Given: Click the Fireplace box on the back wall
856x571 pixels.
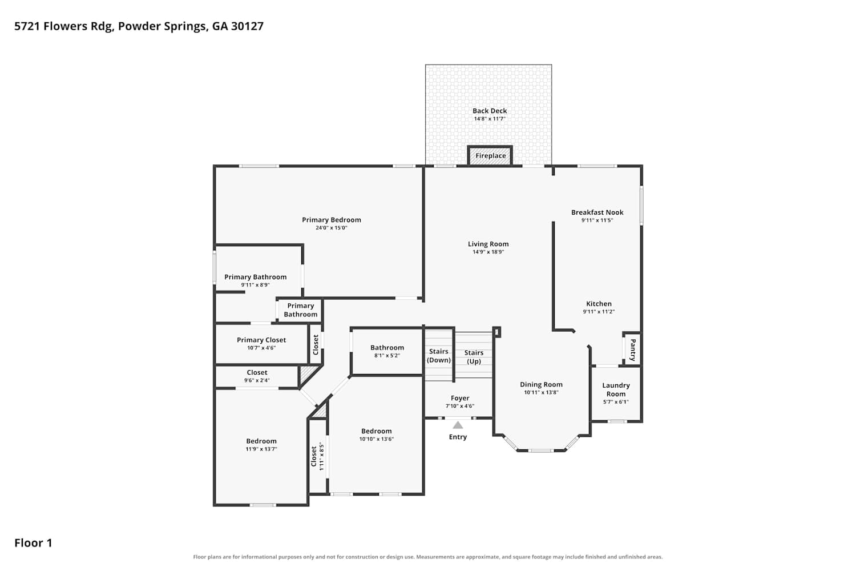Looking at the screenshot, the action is pyautogui.click(x=490, y=156).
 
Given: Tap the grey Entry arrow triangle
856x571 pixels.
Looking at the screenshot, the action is pyautogui.click(x=458, y=425).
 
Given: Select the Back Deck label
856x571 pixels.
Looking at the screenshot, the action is pyautogui.click(x=490, y=111).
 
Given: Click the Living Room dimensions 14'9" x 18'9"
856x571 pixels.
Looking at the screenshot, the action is pyautogui.click(x=488, y=252).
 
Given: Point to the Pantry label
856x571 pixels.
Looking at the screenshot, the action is pyautogui.click(x=633, y=349).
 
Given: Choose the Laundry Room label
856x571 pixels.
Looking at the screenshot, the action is pyautogui.click(x=616, y=390).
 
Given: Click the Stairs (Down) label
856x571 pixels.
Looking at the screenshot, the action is pyautogui.click(x=439, y=356).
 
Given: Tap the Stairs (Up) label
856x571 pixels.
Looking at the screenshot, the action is pyautogui.click(x=474, y=357).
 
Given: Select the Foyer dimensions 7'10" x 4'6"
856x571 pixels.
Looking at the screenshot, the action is pyautogui.click(x=460, y=406).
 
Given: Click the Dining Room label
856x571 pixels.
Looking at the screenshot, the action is pyautogui.click(x=541, y=384).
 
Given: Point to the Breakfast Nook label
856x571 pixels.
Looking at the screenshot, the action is pyautogui.click(x=597, y=212).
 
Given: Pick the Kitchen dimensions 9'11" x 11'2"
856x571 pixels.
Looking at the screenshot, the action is pyautogui.click(x=599, y=312).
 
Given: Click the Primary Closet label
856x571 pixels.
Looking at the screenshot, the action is pyautogui.click(x=261, y=340).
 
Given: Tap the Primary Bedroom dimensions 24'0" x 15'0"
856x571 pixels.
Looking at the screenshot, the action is pyautogui.click(x=332, y=228).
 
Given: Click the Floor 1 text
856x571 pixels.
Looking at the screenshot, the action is pyautogui.click(x=33, y=543).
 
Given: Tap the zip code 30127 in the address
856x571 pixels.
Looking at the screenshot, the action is pyautogui.click(x=247, y=26).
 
